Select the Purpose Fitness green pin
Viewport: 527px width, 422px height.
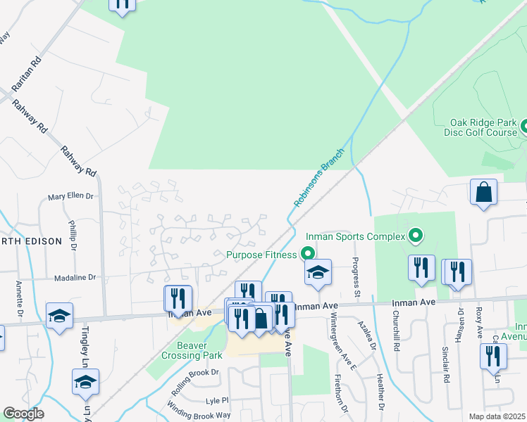pyautogui.click(x=307, y=254)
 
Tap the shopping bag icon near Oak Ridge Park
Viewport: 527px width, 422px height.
pyautogui.click(x=483, y=193)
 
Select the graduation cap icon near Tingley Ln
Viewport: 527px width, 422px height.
pyautogui.click(x=85, y=382)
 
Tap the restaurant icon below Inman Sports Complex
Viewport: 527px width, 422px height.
pyautogui.click(x=421, y=268)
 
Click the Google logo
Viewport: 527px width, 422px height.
pyautogui.click(x=23, y=414)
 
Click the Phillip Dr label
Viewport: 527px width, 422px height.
pyautogui.click(x=73, y=231)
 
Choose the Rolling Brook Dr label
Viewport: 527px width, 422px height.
pyautogui.click(x=195, y=372)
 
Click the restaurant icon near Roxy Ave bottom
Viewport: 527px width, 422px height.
pyautogui.click(x=492, y=356)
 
